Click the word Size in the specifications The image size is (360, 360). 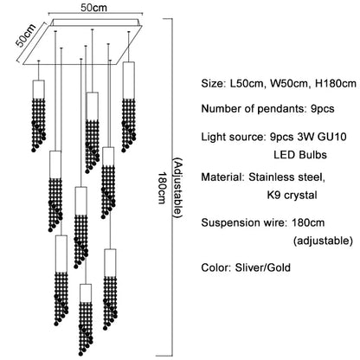coord(214,85)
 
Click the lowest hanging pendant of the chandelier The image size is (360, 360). coord(85,312)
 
